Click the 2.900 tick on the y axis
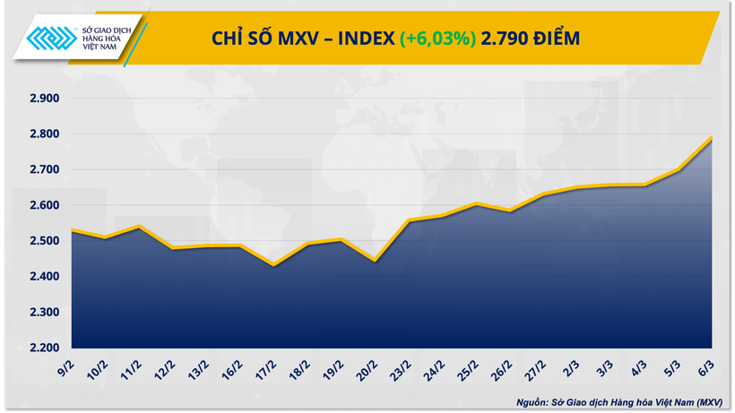point(43,98)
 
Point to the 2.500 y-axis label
point(43,241)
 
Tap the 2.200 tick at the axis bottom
point(43,348)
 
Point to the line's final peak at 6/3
point(711,137)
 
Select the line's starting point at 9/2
point(72,230)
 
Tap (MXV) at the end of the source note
point(710,401)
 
